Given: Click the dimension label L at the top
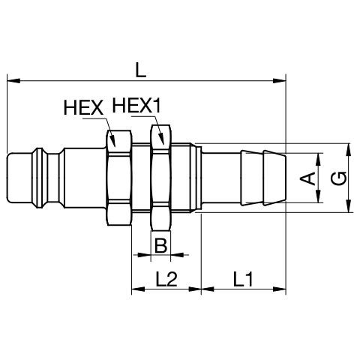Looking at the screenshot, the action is click(x=140, y=70).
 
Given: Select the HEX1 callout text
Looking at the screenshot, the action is click(x=136, y=105).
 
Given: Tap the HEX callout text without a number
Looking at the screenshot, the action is click(x=83, y=108).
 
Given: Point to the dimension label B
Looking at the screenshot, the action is click(x=160, y=245).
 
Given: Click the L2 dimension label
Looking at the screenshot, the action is click(x=166, y=279).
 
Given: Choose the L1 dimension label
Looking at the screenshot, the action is click(x=243, y=279).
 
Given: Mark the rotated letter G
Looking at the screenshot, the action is click(x=338, y=178).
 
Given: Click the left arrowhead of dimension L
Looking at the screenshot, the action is click(x=13, y=81).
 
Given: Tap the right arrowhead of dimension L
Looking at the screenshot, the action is click(x=279, y=81).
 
